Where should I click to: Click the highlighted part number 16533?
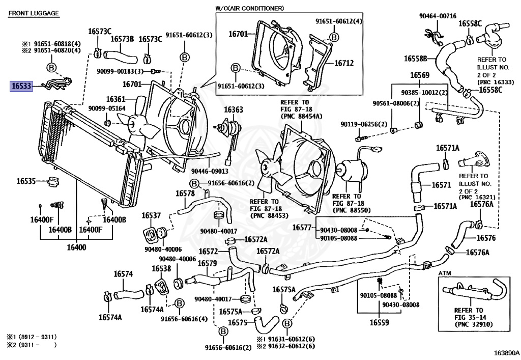21,87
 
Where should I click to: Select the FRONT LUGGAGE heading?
34,13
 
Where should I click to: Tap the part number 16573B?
123,39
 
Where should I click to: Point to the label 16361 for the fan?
115,99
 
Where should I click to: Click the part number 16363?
234,109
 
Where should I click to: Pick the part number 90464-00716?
438,17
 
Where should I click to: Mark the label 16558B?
416,59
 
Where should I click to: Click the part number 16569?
420,75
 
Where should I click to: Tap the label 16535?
25,181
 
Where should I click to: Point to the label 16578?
185,193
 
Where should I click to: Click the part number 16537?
151,215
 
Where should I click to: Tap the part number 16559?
379,322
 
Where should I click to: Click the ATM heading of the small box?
445,273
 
